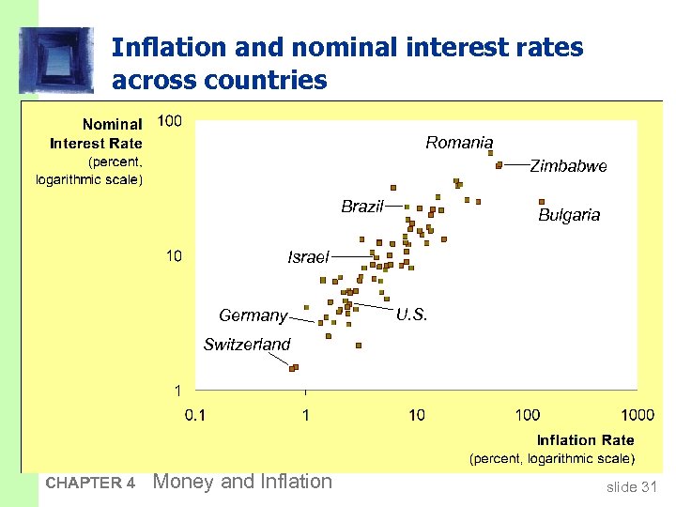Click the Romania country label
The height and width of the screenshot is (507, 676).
[459, 143]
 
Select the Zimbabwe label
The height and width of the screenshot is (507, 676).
[568, 166]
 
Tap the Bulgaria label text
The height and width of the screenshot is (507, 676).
[568, 215]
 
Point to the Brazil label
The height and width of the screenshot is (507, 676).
[362, 207]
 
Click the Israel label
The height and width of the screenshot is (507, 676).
[308, 257]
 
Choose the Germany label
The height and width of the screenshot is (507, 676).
[253, 315]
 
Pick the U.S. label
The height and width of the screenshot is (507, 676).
[411, 315]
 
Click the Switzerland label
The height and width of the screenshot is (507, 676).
[247, 345]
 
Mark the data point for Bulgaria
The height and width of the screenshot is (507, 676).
[542, 201]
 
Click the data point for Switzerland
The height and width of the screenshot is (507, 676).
[294, 367]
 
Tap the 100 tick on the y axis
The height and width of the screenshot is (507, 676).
[170, 120]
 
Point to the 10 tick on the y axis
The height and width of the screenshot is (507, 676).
[174, 256]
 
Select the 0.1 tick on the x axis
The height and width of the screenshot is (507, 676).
[195, 414]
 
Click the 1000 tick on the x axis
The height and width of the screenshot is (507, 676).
[638, 414]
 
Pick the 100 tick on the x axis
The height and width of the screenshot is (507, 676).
[527, 414]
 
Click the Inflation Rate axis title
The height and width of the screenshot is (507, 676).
[585, 440]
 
